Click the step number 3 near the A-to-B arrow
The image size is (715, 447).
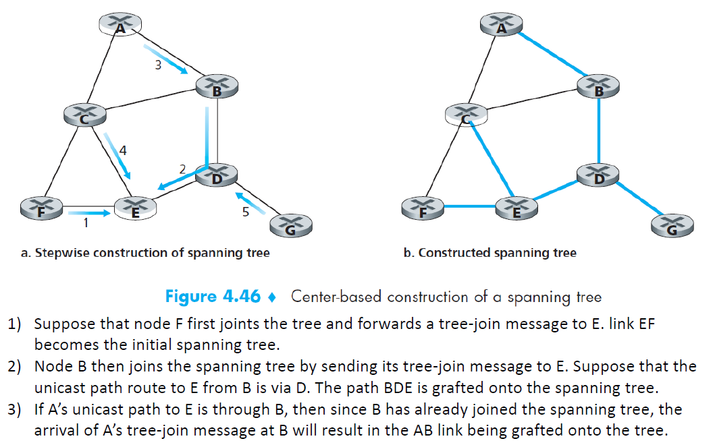[157, 65]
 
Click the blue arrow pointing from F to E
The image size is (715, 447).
[89, 213]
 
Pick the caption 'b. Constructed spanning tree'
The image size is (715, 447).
[490, 253]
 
